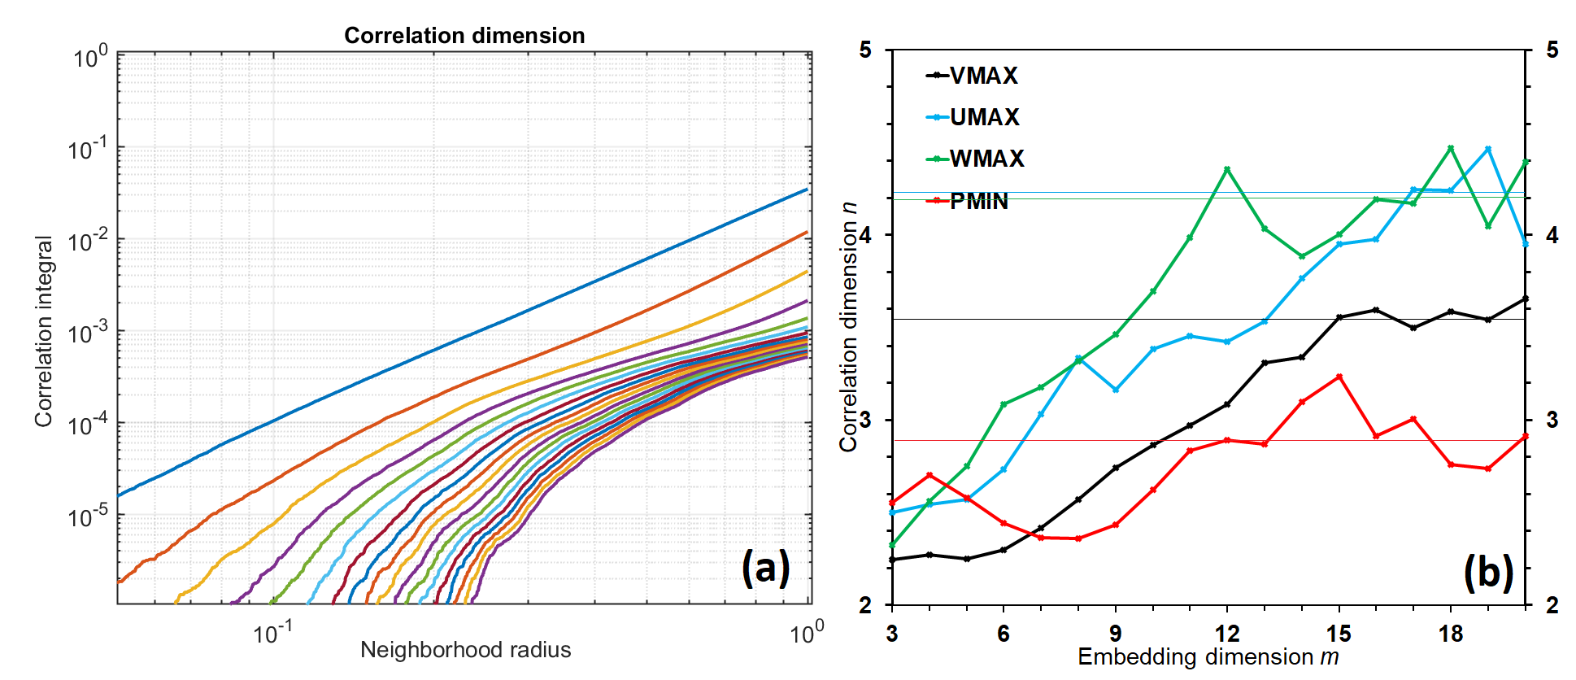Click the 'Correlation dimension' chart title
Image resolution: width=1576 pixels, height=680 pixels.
click(x=464, y=36)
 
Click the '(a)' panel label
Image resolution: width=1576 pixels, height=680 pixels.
click(x=765, y=568)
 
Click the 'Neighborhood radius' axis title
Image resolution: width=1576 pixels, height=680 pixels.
click(x=465, y=650)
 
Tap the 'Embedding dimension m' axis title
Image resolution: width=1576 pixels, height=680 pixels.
click(x=1208, y=657)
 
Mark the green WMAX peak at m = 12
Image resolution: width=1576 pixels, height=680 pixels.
click(x=1227, y=169)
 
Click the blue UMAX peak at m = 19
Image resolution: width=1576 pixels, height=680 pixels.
click(x=1488, y=149)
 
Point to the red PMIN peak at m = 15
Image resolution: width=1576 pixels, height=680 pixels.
click(x=1339, y=377)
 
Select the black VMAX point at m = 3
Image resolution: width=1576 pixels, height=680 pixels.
click(x=892, y=560)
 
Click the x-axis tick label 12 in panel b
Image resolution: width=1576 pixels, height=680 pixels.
click(x=1226, y=634)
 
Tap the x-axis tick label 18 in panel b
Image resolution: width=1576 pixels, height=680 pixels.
click(x=1451, y=634)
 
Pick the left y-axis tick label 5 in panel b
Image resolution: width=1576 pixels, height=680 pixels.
click(x=864, y=50)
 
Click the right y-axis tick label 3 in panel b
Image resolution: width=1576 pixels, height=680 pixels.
click(x=1552, y=420)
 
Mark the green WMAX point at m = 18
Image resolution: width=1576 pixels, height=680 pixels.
click(x=1451, y=148)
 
